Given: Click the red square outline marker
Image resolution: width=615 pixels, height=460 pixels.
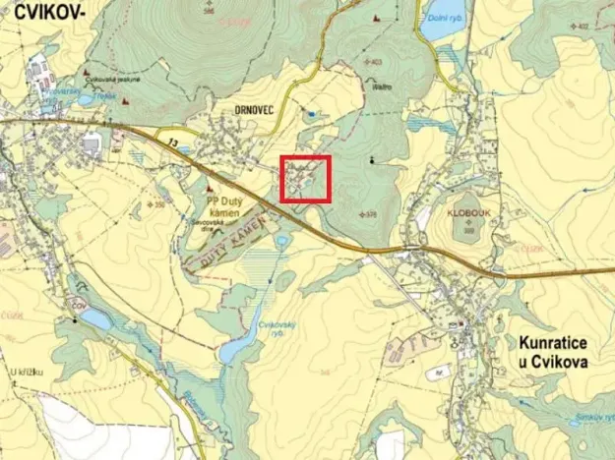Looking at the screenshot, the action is (x=305, y=179).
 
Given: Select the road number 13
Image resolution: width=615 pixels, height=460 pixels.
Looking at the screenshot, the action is (x=173, y=143).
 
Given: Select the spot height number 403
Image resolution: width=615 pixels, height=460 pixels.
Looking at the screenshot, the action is (x=376, y=63).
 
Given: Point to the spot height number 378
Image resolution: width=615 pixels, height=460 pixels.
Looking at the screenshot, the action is (x=370, y=213).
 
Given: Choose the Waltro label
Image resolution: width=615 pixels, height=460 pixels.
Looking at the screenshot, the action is (x=382, y=86).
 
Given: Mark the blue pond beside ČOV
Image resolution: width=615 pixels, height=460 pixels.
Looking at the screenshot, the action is (x=95, y=319).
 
